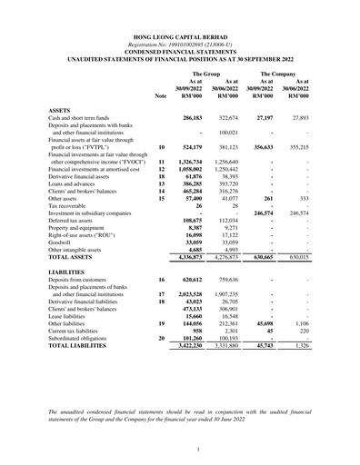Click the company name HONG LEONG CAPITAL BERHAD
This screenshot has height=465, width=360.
pos(179,38)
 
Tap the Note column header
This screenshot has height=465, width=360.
pos(161,94)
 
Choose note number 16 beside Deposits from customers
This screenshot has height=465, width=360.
pos(161,282)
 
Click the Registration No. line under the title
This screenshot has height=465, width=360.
pos(179,45)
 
